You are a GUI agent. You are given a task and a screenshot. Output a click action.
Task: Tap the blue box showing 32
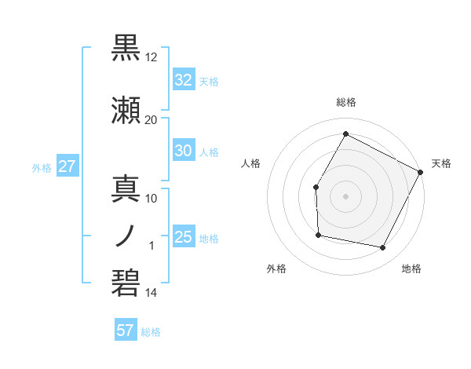pos(183,80)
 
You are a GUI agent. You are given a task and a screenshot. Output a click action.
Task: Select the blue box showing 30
pos(183,152)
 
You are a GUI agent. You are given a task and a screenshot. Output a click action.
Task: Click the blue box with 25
pos(183,237)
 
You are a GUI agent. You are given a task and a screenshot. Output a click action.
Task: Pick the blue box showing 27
pos(67,166)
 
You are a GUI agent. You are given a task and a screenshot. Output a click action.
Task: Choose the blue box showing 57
pos(126,331)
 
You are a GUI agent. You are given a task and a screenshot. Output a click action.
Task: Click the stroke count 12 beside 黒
pos(152,57)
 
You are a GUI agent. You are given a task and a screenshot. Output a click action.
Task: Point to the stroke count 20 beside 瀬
pos(152,119)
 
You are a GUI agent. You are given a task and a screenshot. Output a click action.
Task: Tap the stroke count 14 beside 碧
pos(152,293)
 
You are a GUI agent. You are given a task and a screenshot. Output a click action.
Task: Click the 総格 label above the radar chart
pos(346,102)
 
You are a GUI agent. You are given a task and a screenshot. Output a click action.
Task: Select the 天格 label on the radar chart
pos(441,163)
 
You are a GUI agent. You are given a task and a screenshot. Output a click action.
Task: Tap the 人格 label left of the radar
pos(251,163)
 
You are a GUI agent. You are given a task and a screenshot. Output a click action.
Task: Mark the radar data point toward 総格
pos(345,133)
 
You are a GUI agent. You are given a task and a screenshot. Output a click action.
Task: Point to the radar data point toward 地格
pos(383,248)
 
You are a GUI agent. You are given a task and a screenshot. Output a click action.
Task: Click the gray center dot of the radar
pos(345,195)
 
